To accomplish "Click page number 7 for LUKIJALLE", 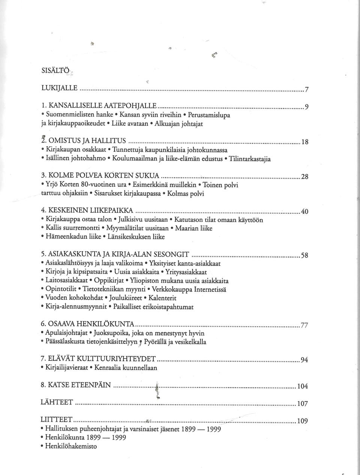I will [x=306, y=90].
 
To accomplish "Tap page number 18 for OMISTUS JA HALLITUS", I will [x=304, y=142].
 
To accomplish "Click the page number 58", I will [x=304, y=256].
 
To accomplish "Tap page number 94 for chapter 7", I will [x=304, y=360].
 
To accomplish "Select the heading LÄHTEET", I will [x=57, y=402].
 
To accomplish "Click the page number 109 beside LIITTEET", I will [x=302, y=421].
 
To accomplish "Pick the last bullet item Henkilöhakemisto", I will [x=71, y=446].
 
